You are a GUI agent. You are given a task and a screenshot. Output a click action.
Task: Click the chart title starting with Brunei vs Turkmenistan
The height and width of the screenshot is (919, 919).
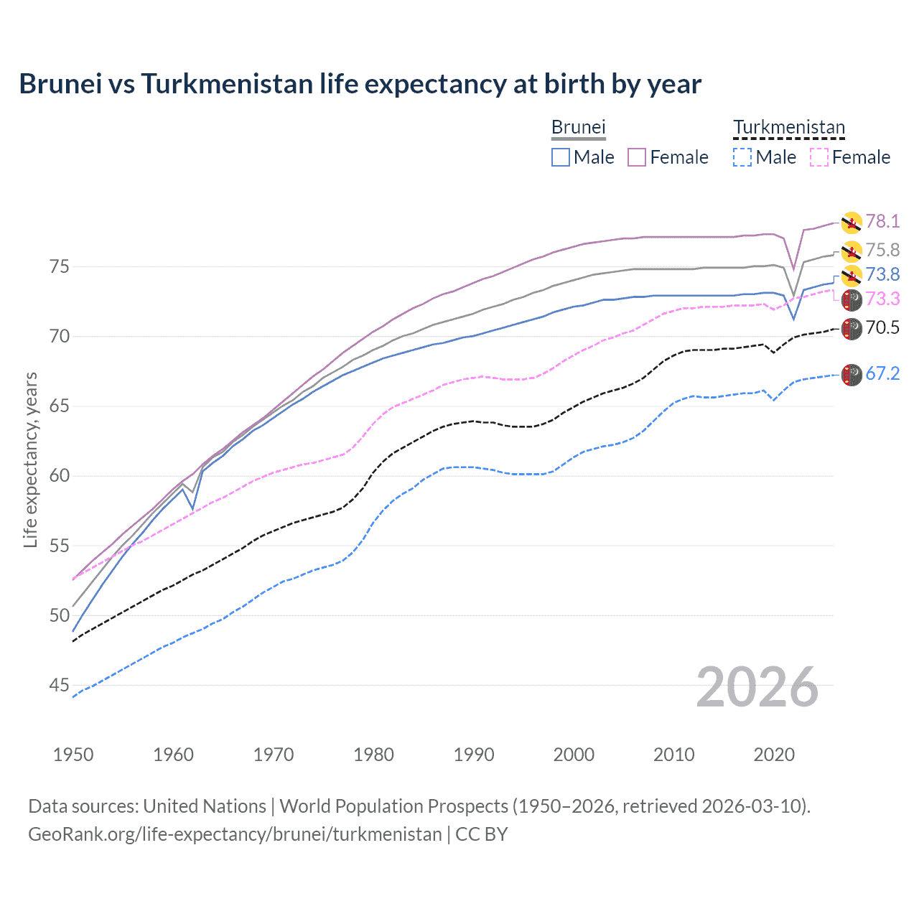click(x=360, y=84)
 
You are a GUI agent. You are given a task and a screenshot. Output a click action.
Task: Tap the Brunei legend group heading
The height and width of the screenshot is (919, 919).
click(x=578, y=127)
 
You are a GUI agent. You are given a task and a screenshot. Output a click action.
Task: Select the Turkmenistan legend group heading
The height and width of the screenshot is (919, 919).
click(x=788, y=127)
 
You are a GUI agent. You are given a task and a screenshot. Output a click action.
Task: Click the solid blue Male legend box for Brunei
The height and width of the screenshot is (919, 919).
click(x=561, y=157)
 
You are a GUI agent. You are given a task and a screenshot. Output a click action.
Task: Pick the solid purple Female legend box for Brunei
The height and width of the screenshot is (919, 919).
click(x=637, y=157)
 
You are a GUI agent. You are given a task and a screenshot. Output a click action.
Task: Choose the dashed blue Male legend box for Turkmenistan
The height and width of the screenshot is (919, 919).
click(x=742, y=157)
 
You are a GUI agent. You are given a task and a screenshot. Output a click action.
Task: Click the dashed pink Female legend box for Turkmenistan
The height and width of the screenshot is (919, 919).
click(x=818, y=157)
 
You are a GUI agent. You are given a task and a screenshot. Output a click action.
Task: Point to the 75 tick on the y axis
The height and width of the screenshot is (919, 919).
click(x=60, y=266)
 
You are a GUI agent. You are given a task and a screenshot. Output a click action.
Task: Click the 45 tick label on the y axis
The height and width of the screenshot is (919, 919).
click(x=60, y=686)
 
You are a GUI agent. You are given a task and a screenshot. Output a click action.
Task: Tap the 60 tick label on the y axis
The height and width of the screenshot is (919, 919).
click(x=60, y=476)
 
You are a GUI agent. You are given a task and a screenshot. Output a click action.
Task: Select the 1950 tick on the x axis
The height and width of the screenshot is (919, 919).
click(x=73, y=755)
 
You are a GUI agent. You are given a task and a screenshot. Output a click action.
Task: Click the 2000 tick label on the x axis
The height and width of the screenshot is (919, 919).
click(x=574, y=755)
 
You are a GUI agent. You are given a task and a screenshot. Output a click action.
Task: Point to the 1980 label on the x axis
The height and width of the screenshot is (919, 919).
click(x=373, y=755)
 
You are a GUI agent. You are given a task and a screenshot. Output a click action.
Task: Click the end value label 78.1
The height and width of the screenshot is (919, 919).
click(x=882, y=221)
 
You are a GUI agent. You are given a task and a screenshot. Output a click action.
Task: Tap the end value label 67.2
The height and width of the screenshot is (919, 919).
click(x=882, y=373)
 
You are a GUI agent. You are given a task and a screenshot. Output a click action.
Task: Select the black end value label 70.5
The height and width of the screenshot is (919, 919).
click(x=882, y=328)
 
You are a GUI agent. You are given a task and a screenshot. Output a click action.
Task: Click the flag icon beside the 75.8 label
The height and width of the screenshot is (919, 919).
click(x=852, y=251)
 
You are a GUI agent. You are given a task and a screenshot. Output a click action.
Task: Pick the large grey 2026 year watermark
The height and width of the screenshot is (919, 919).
click(x=757, y=687)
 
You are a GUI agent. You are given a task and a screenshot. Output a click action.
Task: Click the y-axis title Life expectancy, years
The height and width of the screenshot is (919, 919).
click(x=31, y=459)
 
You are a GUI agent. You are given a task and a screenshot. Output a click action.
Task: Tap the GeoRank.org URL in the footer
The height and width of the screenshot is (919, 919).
click(x=235, y=834)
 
